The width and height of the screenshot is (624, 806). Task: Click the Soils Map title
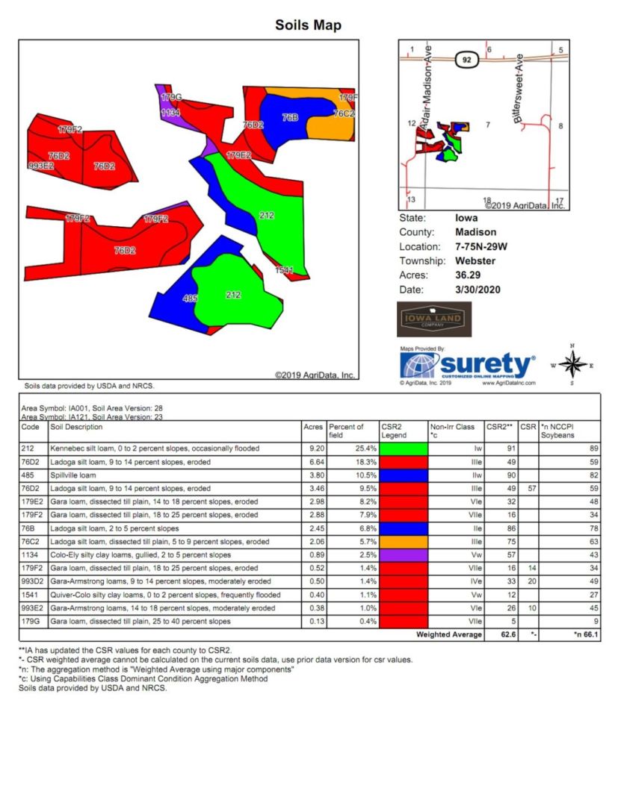308,25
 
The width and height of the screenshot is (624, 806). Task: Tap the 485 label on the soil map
190,299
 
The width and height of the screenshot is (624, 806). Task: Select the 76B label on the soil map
290,118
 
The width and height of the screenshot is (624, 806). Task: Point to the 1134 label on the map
170,113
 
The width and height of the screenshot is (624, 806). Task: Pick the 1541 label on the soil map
284,269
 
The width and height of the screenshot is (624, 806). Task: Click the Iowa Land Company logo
429,319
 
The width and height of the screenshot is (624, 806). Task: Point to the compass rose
572,364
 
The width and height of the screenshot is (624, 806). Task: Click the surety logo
468,366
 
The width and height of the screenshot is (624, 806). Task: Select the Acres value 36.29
469,275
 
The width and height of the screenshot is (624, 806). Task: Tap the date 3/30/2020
478,290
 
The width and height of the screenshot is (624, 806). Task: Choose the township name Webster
475,261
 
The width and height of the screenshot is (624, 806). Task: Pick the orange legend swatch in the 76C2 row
404,541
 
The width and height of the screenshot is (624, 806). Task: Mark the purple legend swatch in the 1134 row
404,555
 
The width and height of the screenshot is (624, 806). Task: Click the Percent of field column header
346,431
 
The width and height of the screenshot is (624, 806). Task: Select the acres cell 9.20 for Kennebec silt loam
314,449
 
